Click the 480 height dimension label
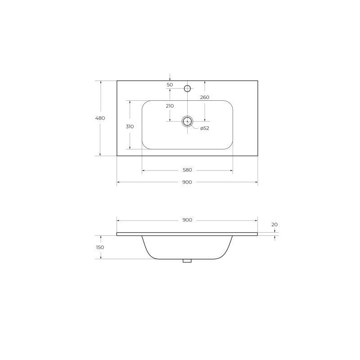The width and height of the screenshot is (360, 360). [x=100, y=118]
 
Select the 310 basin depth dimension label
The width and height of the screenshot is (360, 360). [x=130, y=127]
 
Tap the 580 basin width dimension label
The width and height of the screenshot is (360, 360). [x=187, y=170]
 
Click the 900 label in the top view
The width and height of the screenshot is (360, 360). [x=187, y=182]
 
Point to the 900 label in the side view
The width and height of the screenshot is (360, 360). [x=187, y=220]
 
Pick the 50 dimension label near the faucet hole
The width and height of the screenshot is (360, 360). [x=170, y=85]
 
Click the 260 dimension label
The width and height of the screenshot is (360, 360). [x=204, y=98]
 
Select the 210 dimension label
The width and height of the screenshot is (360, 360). [x=170, y=106]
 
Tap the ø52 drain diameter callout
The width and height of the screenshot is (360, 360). [x=205, y=129]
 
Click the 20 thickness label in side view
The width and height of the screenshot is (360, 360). [x=274, y=224]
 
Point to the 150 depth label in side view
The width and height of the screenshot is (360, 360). [x=100, y=247]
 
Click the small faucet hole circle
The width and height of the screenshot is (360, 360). [x=188, y=88]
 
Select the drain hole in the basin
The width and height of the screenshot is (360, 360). [x=187, y=121]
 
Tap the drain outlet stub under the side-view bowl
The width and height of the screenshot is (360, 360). [x=187, y=260]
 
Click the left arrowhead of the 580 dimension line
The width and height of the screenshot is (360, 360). [x=144, y=171]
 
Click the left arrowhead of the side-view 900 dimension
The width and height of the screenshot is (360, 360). [x=118, y=220]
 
